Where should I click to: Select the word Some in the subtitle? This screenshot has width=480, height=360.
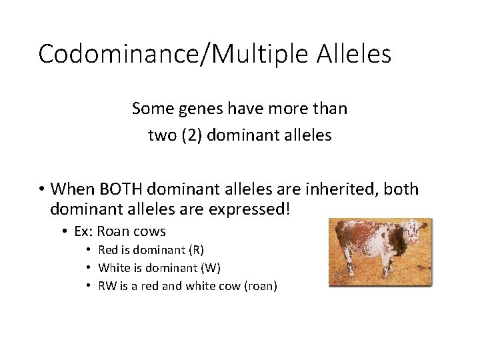click(x=151, y=108)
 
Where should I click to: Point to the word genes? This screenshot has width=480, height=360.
click(x=199, y=108)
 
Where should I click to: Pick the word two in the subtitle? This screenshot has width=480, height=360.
click(x=161, y=135)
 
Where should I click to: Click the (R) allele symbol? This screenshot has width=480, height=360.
click(x=197, y=250)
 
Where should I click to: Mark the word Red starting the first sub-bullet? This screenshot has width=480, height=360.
click(x=108, y=250)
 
